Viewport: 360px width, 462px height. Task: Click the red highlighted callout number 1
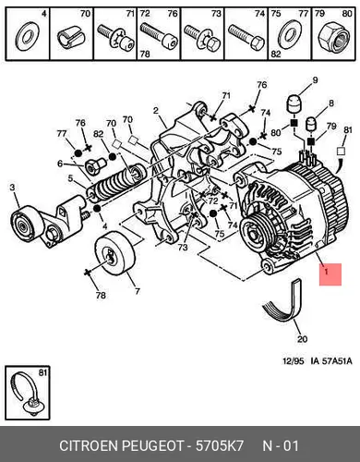(330, 274)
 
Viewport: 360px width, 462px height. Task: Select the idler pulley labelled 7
(114, 252)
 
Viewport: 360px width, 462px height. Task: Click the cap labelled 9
(294, 105)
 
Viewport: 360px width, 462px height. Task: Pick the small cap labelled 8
(311, 124)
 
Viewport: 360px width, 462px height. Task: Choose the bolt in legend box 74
(246, 38)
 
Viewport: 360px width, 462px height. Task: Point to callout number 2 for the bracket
(156, 111)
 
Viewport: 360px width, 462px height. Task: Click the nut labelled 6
(92, 167)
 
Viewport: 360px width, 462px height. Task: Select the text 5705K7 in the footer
(220, 445)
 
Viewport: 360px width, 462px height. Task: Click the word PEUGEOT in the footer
(153, 445)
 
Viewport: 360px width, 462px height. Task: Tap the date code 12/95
(294, 361)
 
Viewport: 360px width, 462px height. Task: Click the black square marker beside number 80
(294, 124)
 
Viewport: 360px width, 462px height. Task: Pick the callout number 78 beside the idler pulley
(101, 296)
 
